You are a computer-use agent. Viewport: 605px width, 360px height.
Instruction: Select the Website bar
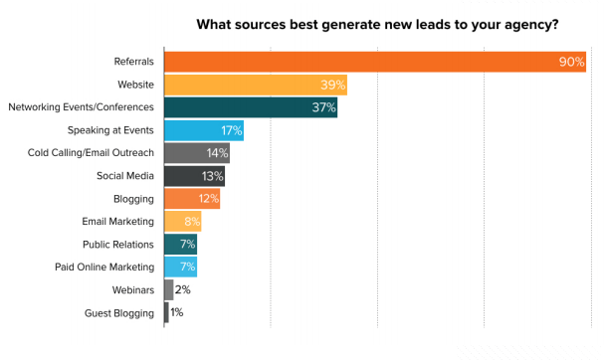coord(254,86)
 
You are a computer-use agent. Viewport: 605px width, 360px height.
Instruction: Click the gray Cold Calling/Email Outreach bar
coord(196,153)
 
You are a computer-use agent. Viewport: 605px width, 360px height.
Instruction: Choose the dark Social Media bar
coord(194,176)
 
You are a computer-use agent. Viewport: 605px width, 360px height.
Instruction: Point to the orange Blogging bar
coord(191,199)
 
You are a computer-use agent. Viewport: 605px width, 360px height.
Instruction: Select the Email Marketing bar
coord(182,221)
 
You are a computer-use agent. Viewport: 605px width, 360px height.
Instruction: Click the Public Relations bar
coord(180,244)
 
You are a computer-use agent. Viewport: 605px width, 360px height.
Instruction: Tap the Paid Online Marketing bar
coord(180,267)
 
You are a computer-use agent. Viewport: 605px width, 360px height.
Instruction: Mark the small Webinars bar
coord(168,289)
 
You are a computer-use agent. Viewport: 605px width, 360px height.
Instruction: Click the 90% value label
coord(571,63)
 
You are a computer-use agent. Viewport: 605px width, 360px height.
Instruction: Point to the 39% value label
coord(331,86)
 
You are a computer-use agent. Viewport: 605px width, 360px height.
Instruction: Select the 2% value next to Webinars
coord(182,289)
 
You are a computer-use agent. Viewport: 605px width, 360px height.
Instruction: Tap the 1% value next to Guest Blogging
coord(177,312)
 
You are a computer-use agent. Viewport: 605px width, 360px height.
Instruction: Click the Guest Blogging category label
coord(120,312)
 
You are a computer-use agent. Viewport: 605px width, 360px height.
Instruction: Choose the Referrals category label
coord(133,63)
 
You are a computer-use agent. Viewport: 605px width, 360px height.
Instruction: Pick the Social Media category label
coord(125,176)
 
